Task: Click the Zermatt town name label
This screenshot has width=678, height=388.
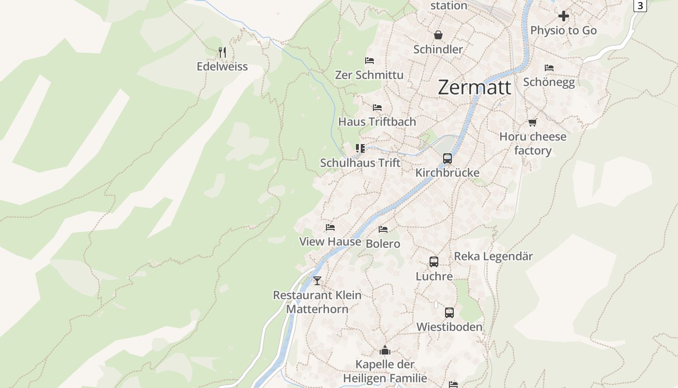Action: pos(474,88)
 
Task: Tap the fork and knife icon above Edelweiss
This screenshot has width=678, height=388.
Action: pos(222,52)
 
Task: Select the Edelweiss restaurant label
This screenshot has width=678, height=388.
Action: pos(222,67)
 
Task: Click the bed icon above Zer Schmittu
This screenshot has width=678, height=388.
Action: pos(369,61)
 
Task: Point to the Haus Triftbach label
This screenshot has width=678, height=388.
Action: pos(377,122)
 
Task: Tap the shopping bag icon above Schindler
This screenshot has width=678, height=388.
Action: pos(438,35)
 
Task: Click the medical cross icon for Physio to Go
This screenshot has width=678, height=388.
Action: pos(563,16)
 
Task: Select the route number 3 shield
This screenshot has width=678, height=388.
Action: pos(640,5)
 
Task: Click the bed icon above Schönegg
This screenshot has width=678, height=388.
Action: pos(549,67)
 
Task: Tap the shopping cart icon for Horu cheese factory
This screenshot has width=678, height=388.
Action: pos(533,122)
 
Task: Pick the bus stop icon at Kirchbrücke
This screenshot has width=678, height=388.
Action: pos(447,158)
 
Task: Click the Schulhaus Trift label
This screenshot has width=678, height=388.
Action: pos(360,163)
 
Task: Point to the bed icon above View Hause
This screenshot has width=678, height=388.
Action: pos(330,227)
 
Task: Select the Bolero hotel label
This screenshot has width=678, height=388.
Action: pos(383,243)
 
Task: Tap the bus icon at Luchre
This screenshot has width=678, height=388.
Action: pos(434,262)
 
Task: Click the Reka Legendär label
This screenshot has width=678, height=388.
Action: pos(493,257)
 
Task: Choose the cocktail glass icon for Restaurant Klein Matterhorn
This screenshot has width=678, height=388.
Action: pos(317,280)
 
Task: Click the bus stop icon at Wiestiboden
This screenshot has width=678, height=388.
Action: pos(449,312)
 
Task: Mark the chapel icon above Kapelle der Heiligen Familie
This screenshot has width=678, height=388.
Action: pos(385,350)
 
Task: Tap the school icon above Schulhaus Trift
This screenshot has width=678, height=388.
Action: pos(360,148)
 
